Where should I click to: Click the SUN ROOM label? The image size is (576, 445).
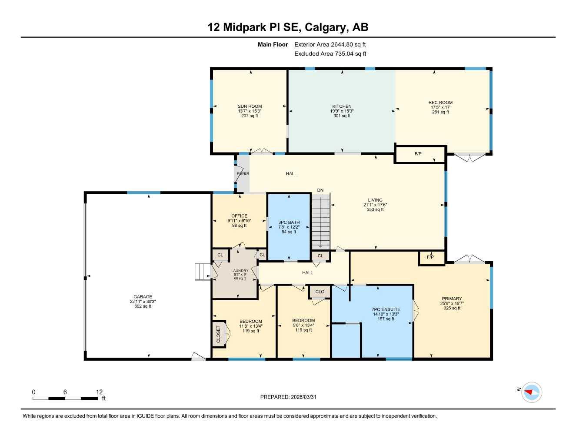(250, 106)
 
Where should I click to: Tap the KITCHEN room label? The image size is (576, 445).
(342, 106)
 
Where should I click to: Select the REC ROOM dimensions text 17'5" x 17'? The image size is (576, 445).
(440, 107)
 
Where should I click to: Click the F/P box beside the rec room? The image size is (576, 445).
(418, 154)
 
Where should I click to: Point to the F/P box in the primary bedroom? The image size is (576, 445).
(430, 257)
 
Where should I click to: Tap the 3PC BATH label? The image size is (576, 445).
(289, 222)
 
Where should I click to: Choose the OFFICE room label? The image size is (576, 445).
(239, 216)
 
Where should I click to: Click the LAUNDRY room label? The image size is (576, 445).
(240, 271)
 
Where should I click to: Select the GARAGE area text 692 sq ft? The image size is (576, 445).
(143, 306)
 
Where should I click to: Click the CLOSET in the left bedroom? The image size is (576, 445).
(218, 334)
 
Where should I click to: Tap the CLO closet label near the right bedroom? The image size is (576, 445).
(320, 292)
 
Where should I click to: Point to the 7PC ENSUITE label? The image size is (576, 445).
(386, 310)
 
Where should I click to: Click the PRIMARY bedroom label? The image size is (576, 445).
(452, 299)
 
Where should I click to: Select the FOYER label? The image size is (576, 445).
(243, 174)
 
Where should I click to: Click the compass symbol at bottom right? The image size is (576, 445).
(532, 392)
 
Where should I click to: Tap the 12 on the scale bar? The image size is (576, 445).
(99, 392)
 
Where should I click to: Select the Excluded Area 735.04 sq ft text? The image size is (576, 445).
(330, 54)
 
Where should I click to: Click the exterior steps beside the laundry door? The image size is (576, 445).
(203, 272)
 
